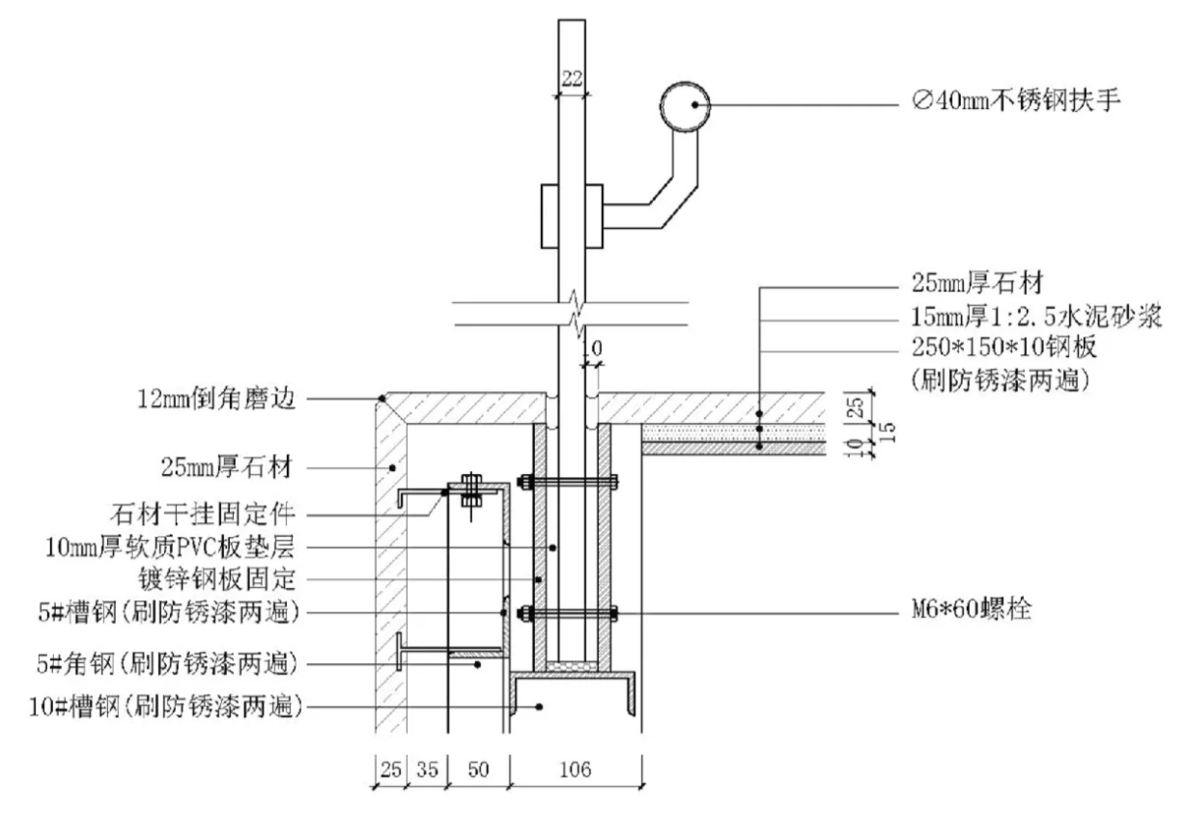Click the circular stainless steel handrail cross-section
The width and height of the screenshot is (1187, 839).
[x=685, y=106]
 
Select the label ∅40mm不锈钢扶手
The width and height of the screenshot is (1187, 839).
[x=1015, y=100]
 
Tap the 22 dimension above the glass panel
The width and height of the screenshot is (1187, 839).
[x=572, y=79]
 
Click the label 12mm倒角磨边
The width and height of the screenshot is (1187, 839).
[x=215, y=399]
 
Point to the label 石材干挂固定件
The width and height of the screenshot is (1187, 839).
[x=202, y=514]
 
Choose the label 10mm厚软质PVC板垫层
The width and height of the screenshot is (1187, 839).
[x=170, y=547]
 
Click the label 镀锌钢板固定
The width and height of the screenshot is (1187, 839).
[x=216, y=579]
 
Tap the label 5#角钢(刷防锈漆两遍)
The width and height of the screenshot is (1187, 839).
[x=167, y=663]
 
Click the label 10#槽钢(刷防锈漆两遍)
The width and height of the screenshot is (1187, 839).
[x=166, y=707]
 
